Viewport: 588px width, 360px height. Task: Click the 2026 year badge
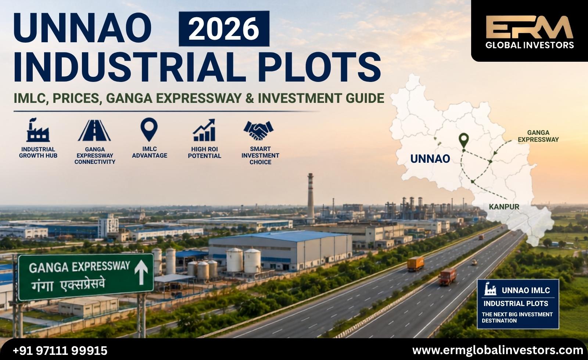pos(224,29)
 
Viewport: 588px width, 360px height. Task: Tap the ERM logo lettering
pos(529,27)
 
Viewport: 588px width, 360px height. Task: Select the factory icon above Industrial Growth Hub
pos(38,130)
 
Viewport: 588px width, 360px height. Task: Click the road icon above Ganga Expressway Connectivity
pos(94,130)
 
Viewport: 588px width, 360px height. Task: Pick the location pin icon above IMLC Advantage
pos(149,129)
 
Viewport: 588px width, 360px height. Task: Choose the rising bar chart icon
pos(204,130)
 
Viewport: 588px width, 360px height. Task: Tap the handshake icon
pos(259,130)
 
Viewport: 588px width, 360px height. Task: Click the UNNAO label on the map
pos(430,159)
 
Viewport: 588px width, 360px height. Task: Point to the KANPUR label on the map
pos(504,207)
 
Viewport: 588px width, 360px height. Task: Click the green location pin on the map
pos(464,140)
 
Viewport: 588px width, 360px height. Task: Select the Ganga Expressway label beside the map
pos(538,136)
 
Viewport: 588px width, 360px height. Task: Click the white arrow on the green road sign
pos(141,272)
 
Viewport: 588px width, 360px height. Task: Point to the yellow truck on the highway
pos(416,263)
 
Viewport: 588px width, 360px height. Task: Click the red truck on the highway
pos(448,277)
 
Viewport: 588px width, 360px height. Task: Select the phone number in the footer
pos(60,350)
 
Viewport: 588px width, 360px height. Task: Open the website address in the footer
pos(498,350)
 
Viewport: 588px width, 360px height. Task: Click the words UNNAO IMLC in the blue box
pos(526,290)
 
